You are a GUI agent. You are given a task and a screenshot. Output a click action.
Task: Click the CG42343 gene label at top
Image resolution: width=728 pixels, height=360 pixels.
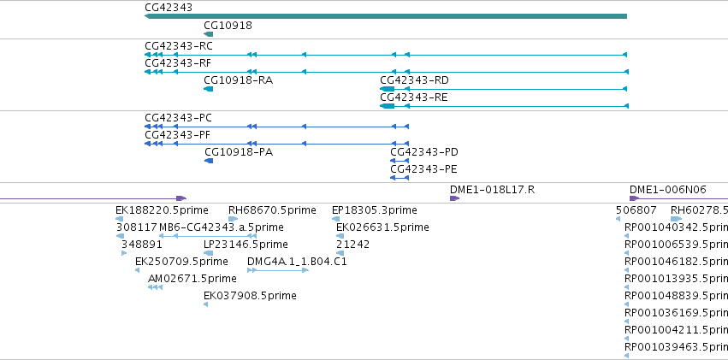pyautogui.click(x=169, y=8)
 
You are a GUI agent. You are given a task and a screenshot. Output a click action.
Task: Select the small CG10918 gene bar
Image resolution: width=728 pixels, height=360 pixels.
pyautogui.click(x=209, y=34)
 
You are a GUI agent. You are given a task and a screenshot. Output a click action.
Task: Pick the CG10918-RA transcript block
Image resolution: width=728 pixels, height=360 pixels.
pyautogui.click(x=209, y=89)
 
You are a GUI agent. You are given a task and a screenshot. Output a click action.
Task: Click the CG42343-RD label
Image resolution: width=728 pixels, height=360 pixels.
pyautogui.click(x=415, y=80)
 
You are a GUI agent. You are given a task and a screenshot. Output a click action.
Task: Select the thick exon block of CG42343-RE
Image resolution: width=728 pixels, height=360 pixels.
pyautogui.click(x=388, y=106)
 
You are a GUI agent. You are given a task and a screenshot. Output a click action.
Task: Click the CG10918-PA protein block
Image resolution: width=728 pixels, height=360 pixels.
pyautogui.click(x=209, y=161)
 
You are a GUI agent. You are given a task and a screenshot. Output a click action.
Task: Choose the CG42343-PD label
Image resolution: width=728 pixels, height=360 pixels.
pyautogui.click(x=424, y=152)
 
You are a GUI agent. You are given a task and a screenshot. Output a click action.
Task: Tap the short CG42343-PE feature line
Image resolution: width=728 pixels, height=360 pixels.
pyautogui.click(x=400, y=178)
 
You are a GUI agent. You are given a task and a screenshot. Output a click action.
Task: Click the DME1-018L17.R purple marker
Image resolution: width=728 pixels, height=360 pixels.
pyautogui.click(x=454, y=198)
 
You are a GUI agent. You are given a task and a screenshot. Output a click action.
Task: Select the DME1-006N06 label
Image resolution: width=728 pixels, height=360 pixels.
pyautogui.click(x=667, y=189)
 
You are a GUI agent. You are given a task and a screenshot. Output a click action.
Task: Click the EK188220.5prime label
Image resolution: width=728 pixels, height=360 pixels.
pyautogui.click(x=162, y=210)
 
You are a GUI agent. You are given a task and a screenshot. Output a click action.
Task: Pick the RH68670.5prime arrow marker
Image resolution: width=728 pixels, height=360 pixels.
pyautogui.click(x=233, y=219)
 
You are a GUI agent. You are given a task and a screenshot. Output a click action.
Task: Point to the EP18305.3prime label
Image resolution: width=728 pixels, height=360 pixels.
pyautogui.click(x=375, y=210)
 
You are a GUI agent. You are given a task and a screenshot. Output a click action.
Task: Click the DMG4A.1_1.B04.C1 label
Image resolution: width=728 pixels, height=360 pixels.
pyautogui.click(x=297, y=262)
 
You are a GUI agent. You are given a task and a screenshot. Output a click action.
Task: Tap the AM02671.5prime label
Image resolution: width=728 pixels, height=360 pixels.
pyautogui.click(x=192, y=279)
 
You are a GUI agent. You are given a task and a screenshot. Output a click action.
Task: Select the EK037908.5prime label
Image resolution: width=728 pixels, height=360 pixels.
pyautogui.click(x=251, y=296)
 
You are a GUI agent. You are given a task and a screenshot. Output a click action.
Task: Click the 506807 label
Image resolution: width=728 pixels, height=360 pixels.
pyautogui.click(x=636, y=210)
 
